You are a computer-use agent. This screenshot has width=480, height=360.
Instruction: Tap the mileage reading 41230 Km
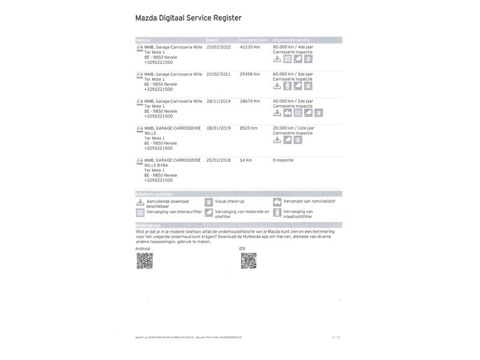tap(249, 47)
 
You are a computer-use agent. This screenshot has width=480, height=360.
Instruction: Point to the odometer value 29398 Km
tap(249, 74)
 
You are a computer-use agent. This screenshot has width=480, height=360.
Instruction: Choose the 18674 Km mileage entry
tap(249, 101)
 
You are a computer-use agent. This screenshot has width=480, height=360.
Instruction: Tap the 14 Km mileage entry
tap(245, 160)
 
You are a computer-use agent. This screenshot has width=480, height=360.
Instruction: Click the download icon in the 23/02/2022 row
tap(277, 60)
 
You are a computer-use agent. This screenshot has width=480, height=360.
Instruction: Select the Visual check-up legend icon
tap(209, 202)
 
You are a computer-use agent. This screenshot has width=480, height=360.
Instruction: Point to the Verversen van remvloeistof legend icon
tap(277, 202)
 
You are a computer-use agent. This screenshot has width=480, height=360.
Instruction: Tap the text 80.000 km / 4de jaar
tap(293, 47)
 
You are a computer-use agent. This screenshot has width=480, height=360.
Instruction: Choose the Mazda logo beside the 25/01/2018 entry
tap(139, 161)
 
